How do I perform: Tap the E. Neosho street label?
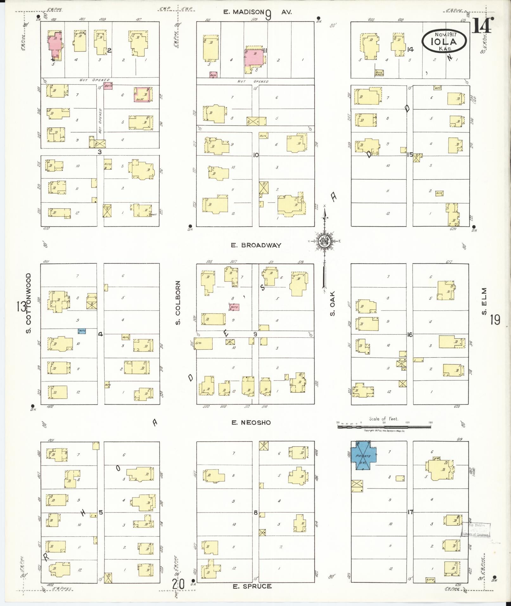251,422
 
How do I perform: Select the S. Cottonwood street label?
29,303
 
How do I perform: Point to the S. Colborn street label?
178,302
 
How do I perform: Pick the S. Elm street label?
484,301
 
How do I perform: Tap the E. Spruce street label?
252,586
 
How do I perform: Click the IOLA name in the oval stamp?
444,42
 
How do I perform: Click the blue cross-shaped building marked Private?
363,456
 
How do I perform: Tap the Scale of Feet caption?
384,419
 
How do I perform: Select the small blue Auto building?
82,331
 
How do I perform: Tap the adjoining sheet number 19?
495,320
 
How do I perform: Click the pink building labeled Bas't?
143,95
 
